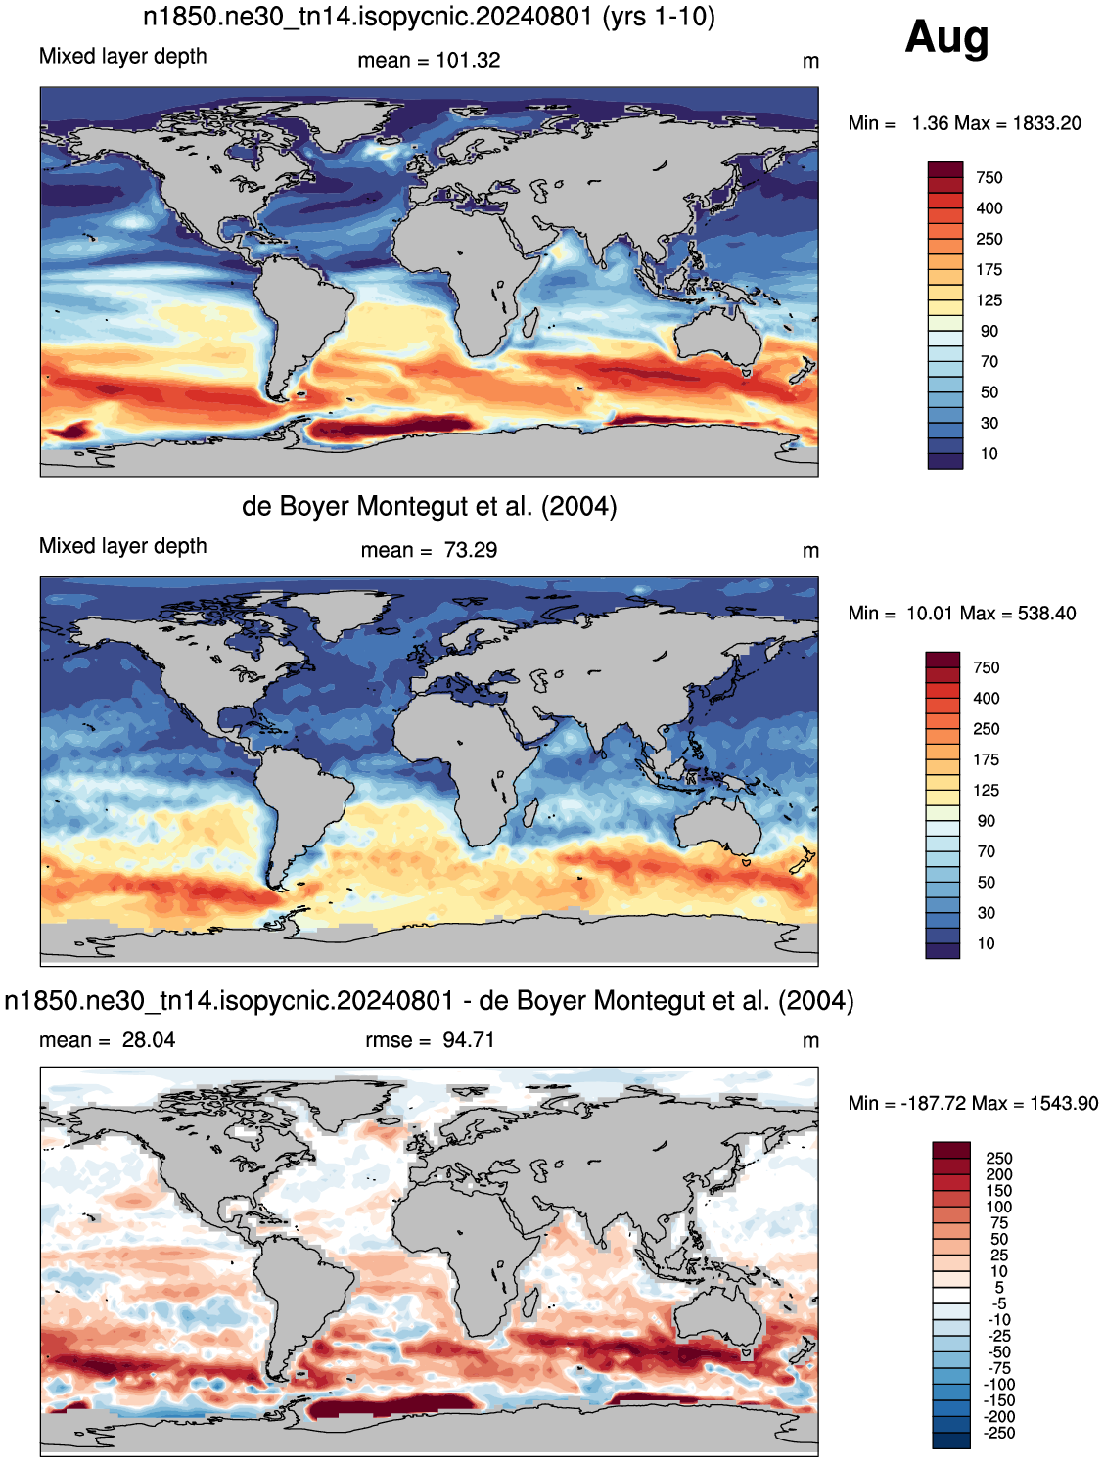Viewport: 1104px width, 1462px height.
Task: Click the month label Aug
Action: (x=946, y=38)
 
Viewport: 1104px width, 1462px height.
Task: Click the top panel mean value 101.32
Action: (x=468, y=60)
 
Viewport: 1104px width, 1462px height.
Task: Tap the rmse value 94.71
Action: (x=468, y=1039)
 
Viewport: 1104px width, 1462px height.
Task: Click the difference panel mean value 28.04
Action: (x=149, y=1039)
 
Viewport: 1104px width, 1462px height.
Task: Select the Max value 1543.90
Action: (x=1064, y=1103)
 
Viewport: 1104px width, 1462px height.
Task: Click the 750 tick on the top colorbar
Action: (x=989, y=178)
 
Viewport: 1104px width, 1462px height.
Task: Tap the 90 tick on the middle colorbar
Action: (x=987, y=821)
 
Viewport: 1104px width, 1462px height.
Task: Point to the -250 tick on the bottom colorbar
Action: (x=999, y=1433)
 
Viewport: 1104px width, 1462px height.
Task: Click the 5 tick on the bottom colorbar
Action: (x=999, y=1287)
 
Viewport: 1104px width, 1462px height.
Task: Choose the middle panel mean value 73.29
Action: (x=470, y=550)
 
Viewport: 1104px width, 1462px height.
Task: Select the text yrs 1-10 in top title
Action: (x=659, y=16)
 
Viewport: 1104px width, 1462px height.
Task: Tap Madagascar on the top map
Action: (x=530, y=323)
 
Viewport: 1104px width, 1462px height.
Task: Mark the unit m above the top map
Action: (x=810, y=62)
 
